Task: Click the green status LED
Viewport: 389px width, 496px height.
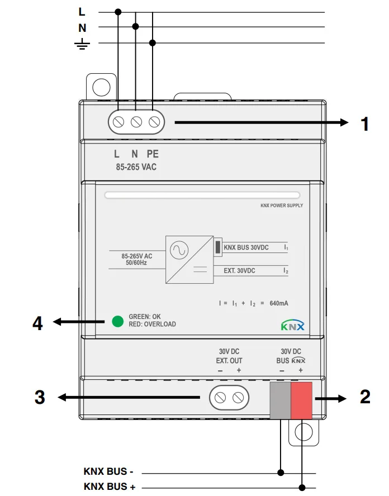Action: click(x=117, y=321)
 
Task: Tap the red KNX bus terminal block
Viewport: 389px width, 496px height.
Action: click(x=302, y=400)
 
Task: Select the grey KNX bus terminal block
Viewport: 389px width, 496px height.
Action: click(x=281, y=400)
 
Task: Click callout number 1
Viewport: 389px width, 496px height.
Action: click(x=365, y=123)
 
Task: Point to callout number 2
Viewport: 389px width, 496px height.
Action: click(x=365, y=397)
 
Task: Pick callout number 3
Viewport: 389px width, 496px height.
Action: click(x=40, y=397)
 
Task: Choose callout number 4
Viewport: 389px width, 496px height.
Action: click(x=37, y=322)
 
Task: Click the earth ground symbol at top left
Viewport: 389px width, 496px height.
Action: click(x=82, y=44)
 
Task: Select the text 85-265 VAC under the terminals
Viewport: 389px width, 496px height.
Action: click(x=132, y=166)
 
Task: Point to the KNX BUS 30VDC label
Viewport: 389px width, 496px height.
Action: click(x=250, y=247)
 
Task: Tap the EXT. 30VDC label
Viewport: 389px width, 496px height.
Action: click(x=239, y=270)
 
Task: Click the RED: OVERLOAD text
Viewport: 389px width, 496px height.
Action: click(x=152, y=325)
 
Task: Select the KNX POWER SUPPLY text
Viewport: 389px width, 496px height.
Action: click(x=282, y=206)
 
